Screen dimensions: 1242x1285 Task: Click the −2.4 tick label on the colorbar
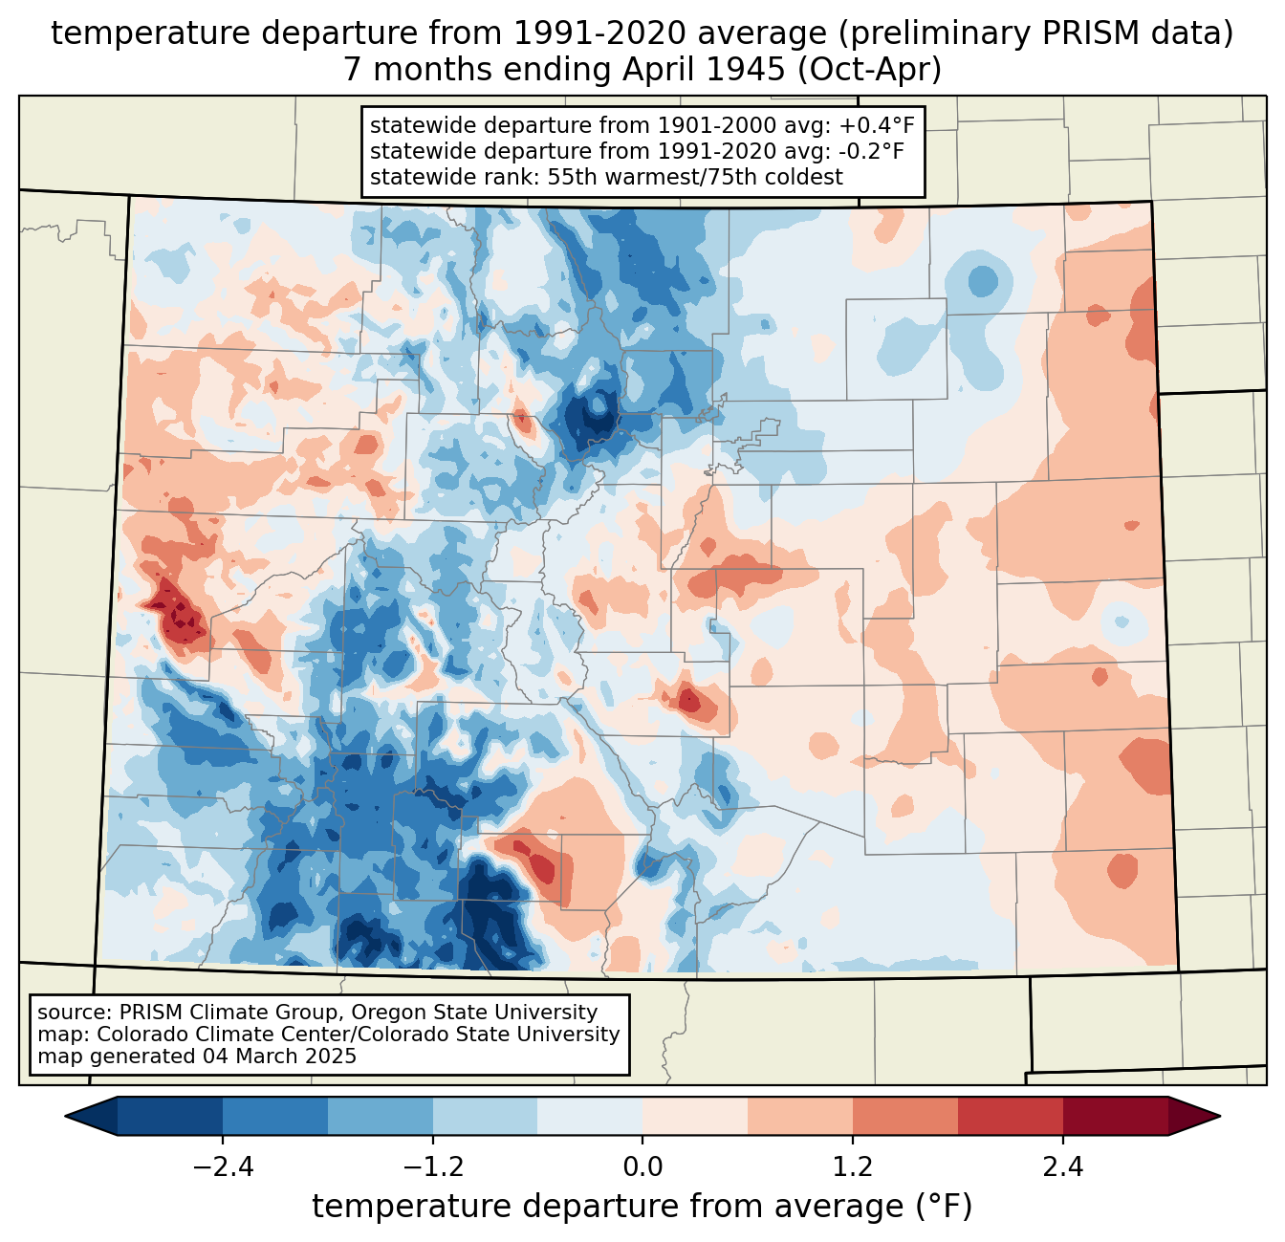pos(223,1167)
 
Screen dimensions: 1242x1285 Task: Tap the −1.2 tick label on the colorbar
pos(432,1167)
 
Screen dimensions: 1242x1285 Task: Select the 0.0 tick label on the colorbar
pos(642,1167)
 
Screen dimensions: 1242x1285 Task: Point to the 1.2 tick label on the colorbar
pos(853,1167)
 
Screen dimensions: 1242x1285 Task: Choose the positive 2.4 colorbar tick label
pos(1062,1167)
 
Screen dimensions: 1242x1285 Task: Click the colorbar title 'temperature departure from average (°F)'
pos(642,1208)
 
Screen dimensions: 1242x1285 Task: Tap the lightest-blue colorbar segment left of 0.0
pos(590,1116)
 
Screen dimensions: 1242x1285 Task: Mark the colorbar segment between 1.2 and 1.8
pos(904,1116)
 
